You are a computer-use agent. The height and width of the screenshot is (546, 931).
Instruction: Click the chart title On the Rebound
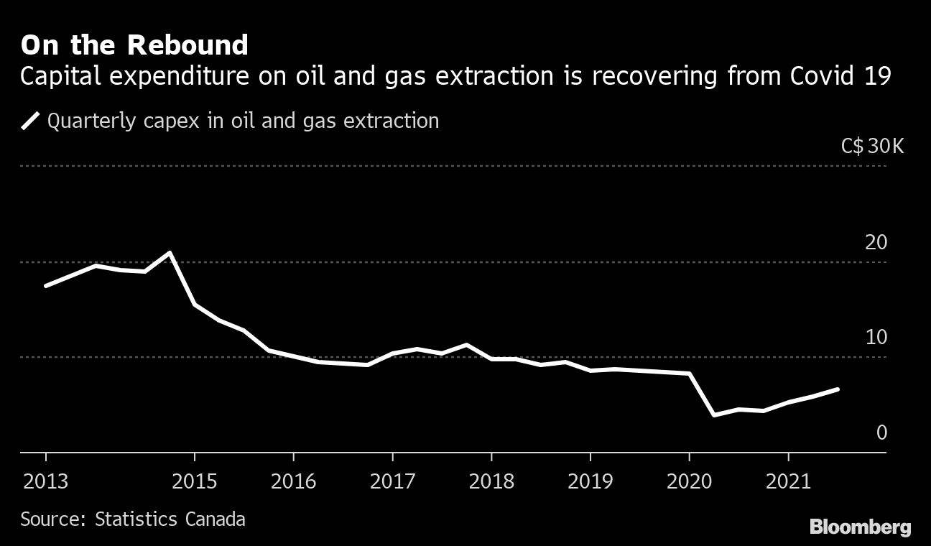(x=134, y=45)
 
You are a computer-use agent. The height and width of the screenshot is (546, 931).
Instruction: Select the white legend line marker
(x=32, y=121)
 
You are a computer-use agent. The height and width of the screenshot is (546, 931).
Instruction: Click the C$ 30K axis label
(x=872, y=147)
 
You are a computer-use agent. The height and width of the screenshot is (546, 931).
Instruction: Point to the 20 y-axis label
(x=876, y=243)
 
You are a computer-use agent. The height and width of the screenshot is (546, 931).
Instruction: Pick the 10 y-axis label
(x=876, y=337)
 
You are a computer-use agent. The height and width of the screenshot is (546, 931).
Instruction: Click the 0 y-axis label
(x=881, y=432)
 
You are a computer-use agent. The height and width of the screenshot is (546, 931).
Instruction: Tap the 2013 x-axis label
(x=46, y=481)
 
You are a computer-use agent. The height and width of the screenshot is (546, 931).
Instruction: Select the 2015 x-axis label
(x=195, y=481)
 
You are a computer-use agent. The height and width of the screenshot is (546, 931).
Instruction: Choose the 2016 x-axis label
(x=293, y=481)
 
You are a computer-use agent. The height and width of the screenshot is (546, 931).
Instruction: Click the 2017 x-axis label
(x=392, y=481)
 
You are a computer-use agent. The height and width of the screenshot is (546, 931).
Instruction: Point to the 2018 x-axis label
(x=491, y=481)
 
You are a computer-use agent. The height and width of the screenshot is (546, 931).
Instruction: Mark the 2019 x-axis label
(x=590, y=481)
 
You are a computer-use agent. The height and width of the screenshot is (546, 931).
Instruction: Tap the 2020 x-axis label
(x=689, y=481)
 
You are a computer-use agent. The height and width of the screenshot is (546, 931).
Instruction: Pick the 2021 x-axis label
(x=788, y=481)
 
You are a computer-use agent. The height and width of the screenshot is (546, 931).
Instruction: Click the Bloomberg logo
(x=860, y=527)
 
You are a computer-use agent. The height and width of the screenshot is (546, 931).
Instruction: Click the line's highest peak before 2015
(x=170, y=253)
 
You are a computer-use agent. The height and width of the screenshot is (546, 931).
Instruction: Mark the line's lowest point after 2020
(x=714, y=415)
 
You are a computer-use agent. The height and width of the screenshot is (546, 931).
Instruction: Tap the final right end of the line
(x=838, y=389)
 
